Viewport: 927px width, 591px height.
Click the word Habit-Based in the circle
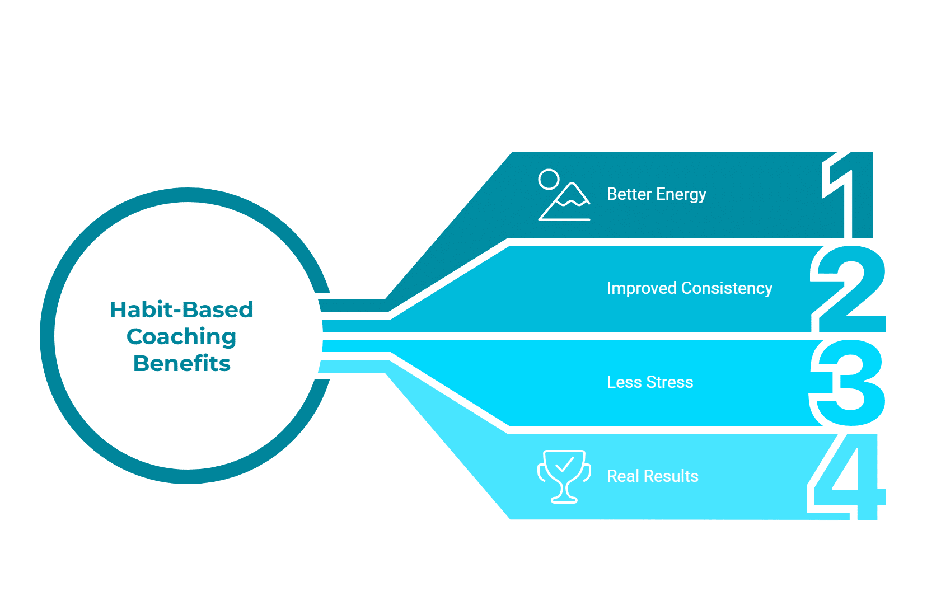181,309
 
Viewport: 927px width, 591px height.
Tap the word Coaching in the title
181,337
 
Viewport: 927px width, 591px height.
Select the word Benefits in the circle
182,363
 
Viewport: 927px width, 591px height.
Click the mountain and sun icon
564,195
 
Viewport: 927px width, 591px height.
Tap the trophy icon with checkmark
564,476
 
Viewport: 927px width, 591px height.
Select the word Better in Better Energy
629,194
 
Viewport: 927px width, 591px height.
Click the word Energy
681,195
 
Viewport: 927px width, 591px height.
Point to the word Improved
642,288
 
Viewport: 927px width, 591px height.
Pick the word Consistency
727,288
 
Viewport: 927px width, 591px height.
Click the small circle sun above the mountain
549,180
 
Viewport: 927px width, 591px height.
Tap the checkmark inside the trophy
564,465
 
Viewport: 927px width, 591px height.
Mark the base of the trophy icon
564,500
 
